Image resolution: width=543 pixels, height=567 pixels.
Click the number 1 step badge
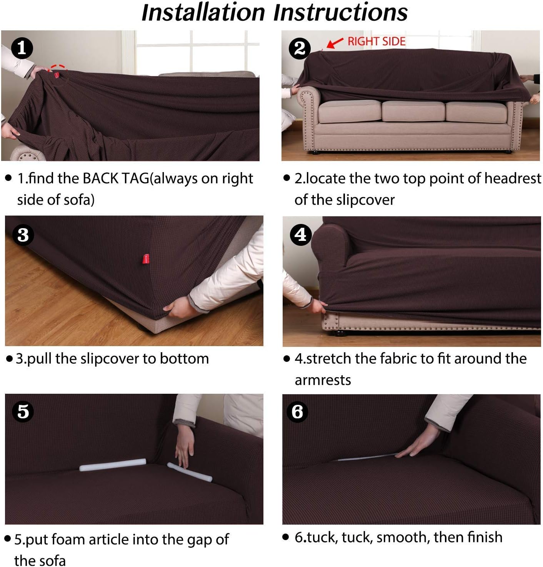[22, 48]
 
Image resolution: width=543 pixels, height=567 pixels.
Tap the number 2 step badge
[300, 48]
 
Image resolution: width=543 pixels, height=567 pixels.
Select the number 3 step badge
[23, 235]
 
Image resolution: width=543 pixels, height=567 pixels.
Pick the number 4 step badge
[301, 235]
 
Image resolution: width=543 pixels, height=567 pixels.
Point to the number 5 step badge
[23, 411]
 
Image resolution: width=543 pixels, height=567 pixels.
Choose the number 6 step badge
[297, 412]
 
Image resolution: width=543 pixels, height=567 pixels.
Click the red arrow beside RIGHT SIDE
[335, 43]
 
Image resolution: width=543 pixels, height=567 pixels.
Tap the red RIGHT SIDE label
[376, 41]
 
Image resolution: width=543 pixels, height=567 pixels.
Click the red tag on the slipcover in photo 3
[146, 259]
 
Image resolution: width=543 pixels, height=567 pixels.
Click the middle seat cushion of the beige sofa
[413, 110]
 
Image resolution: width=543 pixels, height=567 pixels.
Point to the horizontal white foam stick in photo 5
[113, 465]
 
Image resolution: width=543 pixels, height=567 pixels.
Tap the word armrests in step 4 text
[323, 380]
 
